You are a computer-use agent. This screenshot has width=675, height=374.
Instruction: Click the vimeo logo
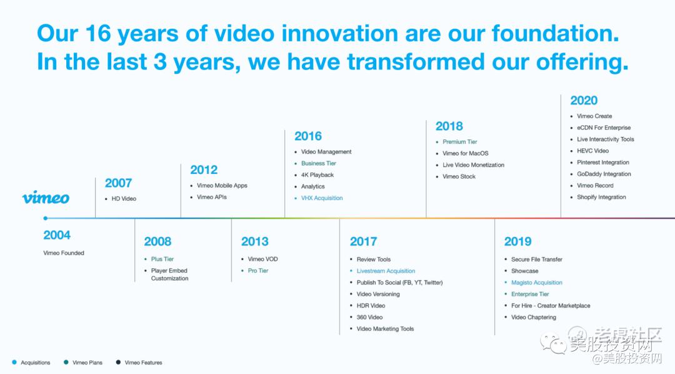click(46, 198)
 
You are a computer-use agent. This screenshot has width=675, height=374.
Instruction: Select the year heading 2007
click(118, 183)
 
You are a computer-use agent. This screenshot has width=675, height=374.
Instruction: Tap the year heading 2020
click(584, 101)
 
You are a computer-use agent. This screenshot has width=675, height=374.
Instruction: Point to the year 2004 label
click(57, 235)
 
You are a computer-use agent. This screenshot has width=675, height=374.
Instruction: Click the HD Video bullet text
click(124, 199)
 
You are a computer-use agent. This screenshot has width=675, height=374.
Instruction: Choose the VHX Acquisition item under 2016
click(322, 198)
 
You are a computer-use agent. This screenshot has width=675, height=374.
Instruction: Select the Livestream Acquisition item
click(386, 271)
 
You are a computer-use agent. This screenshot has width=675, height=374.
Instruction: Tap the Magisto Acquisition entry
click(537, 282)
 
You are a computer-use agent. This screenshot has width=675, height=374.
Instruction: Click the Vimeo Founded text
click(64, 253)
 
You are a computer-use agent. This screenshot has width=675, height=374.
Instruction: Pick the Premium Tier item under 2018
click(460, 141)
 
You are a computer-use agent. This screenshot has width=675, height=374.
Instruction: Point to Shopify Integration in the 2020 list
click(601, 197)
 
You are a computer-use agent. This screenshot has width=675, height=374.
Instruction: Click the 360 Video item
click(369, 317)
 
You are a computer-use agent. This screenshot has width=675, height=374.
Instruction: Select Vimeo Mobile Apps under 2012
click(222, 185)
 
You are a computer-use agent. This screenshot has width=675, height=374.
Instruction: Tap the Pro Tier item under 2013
click(258, 271)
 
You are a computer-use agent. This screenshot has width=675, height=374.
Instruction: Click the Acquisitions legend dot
click(14, 362)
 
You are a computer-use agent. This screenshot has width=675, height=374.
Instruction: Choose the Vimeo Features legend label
click(143, 362)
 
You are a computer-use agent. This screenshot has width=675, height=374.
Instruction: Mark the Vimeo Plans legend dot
click(66, 362)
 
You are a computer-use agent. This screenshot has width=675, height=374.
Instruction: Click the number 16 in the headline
click(98, 33)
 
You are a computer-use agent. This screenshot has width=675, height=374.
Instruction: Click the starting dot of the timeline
click(46, 218)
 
